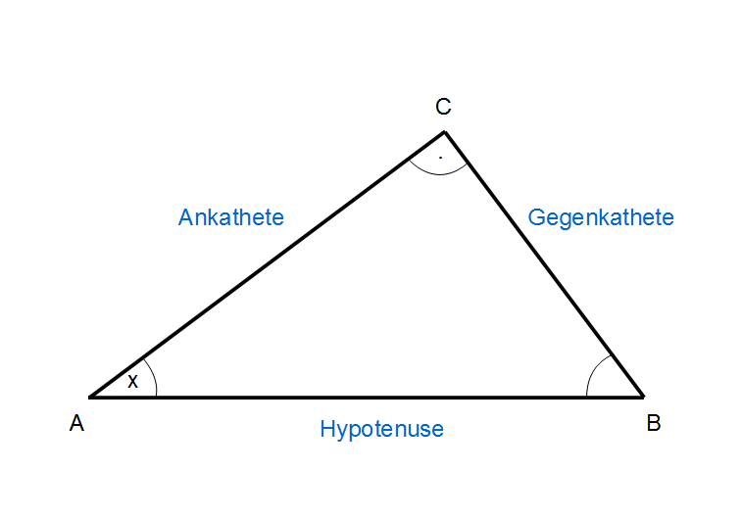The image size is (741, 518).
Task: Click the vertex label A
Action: (x=76, y=423)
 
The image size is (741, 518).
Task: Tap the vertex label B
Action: (x=653, y=423)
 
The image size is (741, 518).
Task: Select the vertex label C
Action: (x=443, y=106)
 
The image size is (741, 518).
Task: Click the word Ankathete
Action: (x=230, y=217)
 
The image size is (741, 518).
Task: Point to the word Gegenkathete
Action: (x=601, y=217)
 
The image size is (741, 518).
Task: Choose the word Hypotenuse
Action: (x=381, y=429)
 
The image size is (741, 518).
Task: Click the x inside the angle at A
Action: (x=133, y=382)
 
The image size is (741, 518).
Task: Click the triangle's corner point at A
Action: (x=90, y=397)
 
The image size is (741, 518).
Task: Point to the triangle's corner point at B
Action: (x=643, y=397)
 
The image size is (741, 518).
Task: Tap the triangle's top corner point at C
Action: (x=445, y=131)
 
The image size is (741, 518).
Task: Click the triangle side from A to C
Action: (x=268, y=264)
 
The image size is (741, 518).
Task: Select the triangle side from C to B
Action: (x=544, y=264)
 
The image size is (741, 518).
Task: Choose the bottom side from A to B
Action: (x=367, y=398)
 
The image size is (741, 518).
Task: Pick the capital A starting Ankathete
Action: (x=185, y=217)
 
